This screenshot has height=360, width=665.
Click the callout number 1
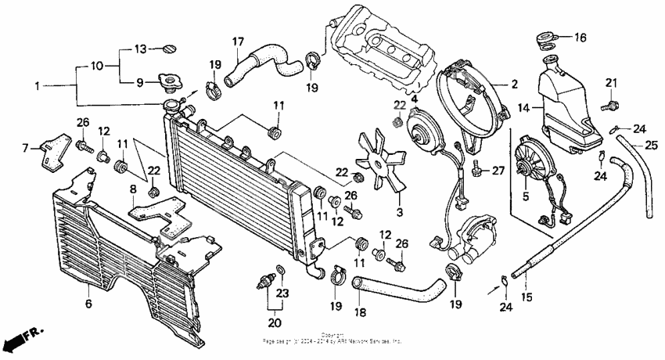[36, 84]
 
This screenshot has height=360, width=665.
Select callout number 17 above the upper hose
[239, 41]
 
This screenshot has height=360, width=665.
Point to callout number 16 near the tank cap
[580, 37]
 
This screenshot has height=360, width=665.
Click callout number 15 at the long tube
[527, 297]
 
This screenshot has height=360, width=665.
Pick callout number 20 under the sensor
[275, 322]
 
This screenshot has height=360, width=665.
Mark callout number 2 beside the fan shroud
[514, 83]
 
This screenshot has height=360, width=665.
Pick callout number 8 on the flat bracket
[133, 189]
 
